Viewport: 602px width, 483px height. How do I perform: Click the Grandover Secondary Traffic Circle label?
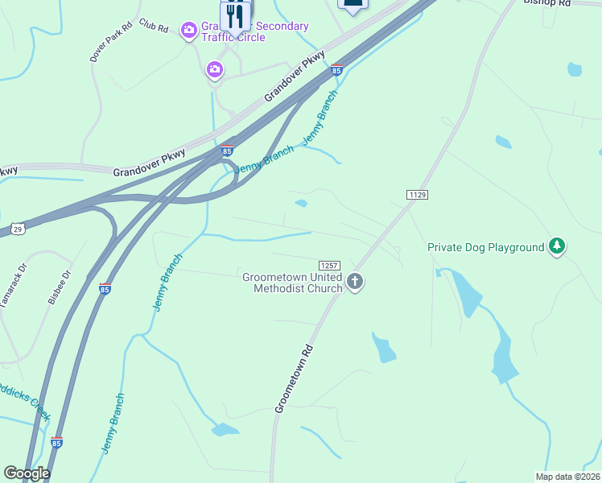(x=254, y=31)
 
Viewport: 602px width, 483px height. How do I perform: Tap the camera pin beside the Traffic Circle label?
(x=189, y=31)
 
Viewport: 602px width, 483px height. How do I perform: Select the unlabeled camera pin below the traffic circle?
(x=215, y=70)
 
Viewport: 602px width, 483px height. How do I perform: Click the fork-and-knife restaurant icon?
(x=235, y=16)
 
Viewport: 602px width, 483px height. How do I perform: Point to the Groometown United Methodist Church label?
(x=292, y=283)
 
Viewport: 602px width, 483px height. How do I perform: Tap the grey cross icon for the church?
(x=355, y=282)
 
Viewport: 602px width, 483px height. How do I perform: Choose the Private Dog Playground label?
(x=486, y=247)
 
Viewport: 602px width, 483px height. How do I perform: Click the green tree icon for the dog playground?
(x=556, y=246)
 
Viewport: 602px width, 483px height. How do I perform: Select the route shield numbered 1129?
(x=417, y=195)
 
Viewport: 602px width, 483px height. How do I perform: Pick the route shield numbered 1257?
(x=329, y=265)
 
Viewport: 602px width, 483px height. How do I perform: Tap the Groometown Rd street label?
(x=294, y=380)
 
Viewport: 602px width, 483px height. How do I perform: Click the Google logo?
(x=27, y=473)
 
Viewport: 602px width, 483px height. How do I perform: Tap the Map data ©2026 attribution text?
(x=568, y=477)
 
